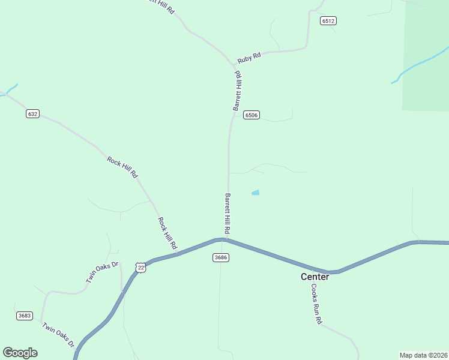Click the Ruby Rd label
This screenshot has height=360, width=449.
coord(249,58)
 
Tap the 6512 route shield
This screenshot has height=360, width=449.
coord(328,21)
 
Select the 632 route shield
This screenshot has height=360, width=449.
coord(32,114)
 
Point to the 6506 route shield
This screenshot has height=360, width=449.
coord(251,115)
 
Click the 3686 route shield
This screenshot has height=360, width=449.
coord(220,257)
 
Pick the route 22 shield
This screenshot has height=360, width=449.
coord(140,268)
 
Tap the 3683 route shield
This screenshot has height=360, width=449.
coord(25,316)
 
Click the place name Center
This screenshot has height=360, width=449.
coord(315,277)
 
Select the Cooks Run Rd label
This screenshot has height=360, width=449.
coord(316,304)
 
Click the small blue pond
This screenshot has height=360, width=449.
coord(255,193)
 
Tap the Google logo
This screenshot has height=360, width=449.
coord(20,353)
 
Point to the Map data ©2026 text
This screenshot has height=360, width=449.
coord(423,355)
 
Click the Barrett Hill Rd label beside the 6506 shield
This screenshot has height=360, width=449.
coord(238,91)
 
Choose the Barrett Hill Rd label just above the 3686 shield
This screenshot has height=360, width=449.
coord(228,214)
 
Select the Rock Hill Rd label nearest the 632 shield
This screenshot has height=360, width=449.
coord(122,167)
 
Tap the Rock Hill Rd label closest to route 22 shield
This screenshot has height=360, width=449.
coord(167,233)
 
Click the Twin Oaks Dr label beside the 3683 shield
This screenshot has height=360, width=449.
coord(58,335)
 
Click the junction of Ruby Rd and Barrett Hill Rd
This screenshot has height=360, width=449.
coord(235,65)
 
